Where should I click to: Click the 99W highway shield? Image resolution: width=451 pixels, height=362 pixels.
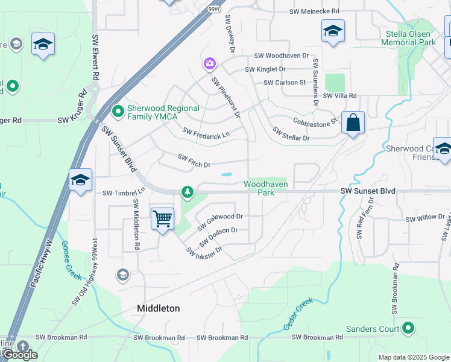tap(213, 10)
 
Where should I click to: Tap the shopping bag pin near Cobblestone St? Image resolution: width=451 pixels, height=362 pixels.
tap(353, 123)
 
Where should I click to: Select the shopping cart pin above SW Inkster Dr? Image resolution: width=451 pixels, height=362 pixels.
tap(163, 218)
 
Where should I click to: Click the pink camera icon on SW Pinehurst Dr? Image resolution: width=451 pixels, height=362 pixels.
tap(209, 63)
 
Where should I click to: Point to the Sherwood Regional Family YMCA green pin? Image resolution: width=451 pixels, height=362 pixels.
tap(118, 111)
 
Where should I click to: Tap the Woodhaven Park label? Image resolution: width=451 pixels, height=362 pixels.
tap(265, 188)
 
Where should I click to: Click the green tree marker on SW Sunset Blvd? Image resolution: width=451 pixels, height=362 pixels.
tap(188, 192)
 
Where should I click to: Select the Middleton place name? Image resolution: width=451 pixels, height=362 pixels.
tap(159, 308)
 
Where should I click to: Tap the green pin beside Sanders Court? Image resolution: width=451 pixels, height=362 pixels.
tap(408, 328)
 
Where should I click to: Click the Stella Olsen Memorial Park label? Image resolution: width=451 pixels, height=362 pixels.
tap(411, 39)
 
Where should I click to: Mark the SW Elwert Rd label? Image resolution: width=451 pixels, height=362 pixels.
tap(95, 57)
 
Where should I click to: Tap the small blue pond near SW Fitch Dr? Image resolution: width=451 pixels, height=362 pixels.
tap(227, 175)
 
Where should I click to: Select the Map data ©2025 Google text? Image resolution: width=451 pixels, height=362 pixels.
tap(413, 357)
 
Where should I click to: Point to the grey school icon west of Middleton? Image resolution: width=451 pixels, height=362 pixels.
tap(123, 275)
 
